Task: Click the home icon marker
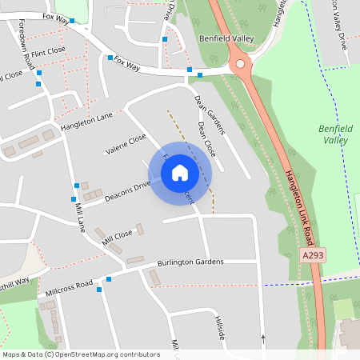click(x=180, y=172)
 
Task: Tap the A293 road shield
click(x=312, y=254)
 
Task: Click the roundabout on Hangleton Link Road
click(x=239, y=64)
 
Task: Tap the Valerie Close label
click(x=126, y=144)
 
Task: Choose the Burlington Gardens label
click(x=190, y=262)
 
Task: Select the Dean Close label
click(x=206, y=139)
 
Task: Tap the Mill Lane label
click(x=79, y=217)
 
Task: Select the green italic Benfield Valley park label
click(x=334, y=134)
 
